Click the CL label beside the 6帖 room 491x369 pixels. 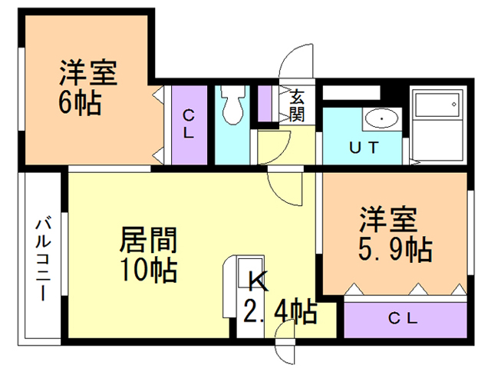click(188, 124)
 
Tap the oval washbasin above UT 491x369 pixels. click(381, 119)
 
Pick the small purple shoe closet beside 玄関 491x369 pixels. click(269, 105)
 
